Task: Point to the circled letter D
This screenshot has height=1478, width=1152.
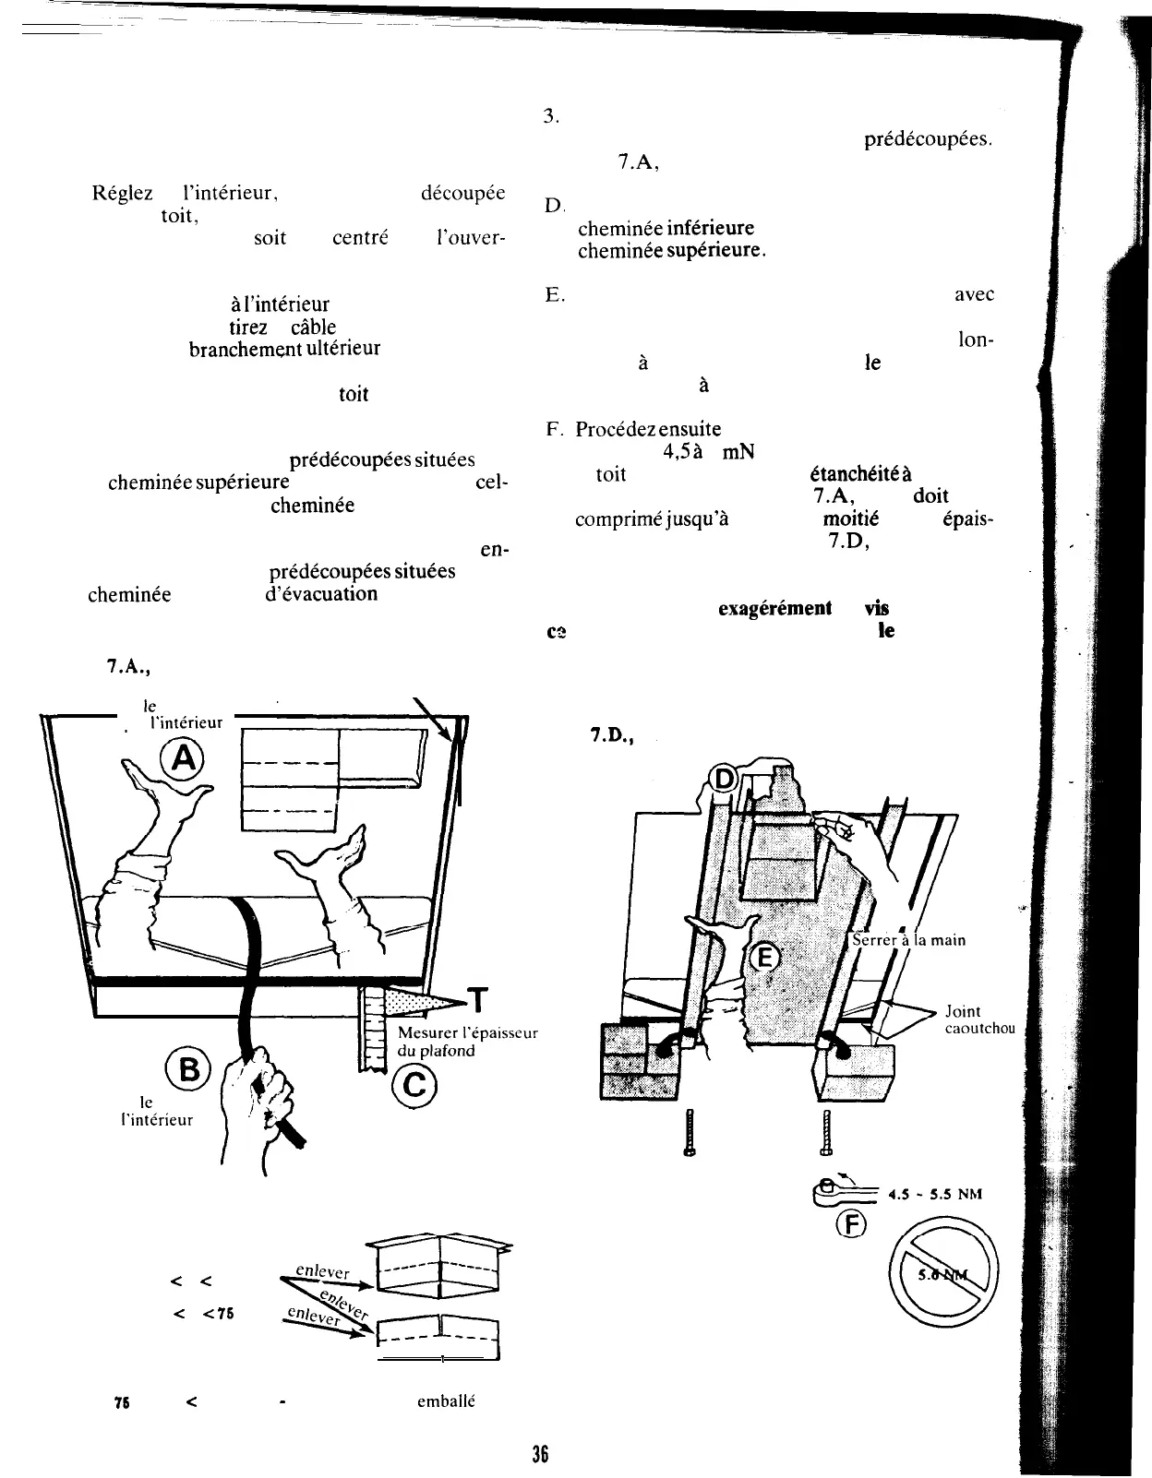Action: click(x=725, y=781)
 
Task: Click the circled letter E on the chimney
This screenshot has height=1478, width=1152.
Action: click(x=763, y=958)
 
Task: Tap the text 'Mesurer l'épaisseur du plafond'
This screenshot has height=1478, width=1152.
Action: click(x=467, y=1041)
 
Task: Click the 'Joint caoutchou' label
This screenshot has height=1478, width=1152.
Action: click(x=979, y=1019)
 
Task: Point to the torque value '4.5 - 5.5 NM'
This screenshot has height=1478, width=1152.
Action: click(x=933, y=1194)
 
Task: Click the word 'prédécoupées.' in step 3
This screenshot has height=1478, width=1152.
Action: click(x=928, y=141)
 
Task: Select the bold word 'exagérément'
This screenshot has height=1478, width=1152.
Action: click(x=774, y=608)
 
